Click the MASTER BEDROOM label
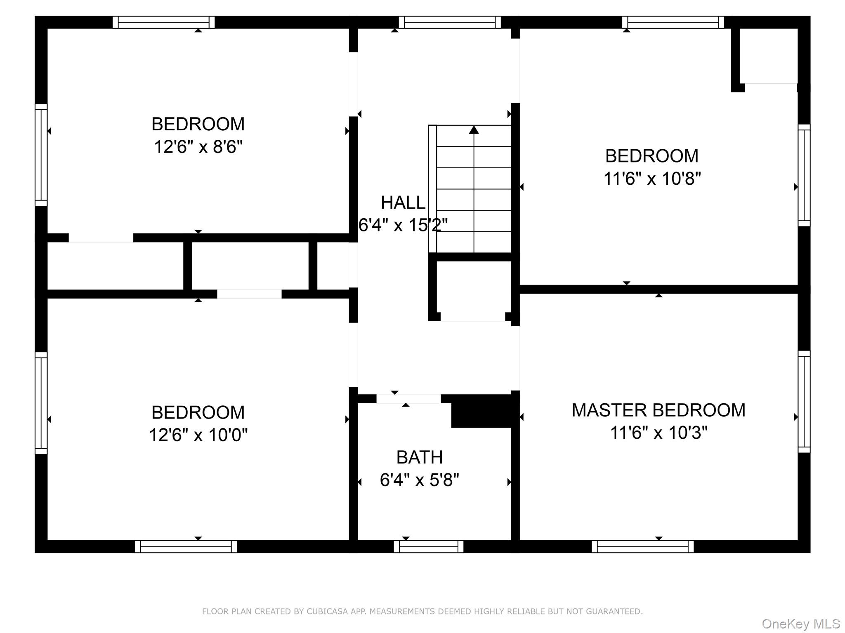pyautogui.click(x=658, y=410)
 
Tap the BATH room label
pyautogui.click(x=419, y=457)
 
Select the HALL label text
pyautogui.click(x=403, y=203)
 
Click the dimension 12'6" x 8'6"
pyautogui.click(x=198, y=147)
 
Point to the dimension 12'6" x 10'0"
pyautogui.click(x=198, y=435)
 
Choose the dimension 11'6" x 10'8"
pyautogui.click(x=652, y=179)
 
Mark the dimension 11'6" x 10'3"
pyautogui.click(x=659, y=433)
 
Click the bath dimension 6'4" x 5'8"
pyautogui.click(x=419, y=480)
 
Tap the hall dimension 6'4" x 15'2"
pyautogui.click(x=403, y=225)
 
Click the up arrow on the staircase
pyautogui.click(x=474, y=130)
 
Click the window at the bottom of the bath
pyautogui.click(x=428, y=547)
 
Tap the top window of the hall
pyautogui.click(x=450, y=22)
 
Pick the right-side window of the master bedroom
pyautogui.click(x=804, y=402)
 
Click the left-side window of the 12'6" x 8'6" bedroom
pyautogui.click(x=41, y=155)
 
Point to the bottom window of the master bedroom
pyautogui.click(x=642, y=547)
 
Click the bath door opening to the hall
pyautogui.click(x=408, y=399)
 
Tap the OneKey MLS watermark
pyautogui.click(x=800, y=624)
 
